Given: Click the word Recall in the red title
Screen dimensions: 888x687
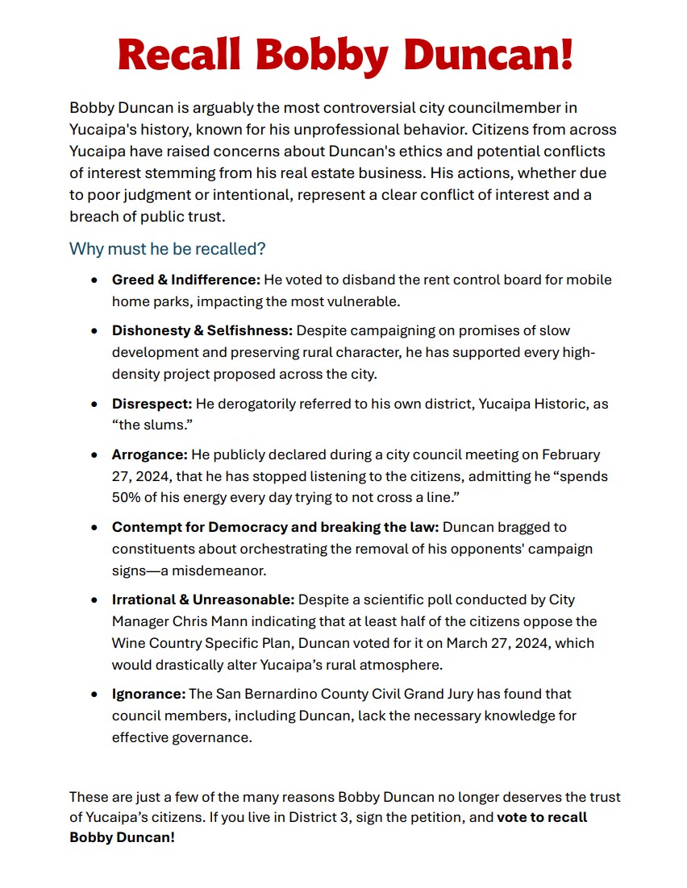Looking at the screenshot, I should pos(181,54).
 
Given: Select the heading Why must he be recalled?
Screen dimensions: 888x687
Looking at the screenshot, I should pos(167,249).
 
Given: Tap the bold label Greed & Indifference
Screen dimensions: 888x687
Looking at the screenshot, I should pos(186,280).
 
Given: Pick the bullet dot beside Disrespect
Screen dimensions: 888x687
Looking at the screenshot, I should pos(95,403).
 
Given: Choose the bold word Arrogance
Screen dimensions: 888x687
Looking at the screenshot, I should pos(149,455).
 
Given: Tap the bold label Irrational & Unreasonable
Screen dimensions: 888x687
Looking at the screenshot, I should pos(204,600).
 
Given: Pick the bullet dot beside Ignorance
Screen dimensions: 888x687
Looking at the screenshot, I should pos(95,694).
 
